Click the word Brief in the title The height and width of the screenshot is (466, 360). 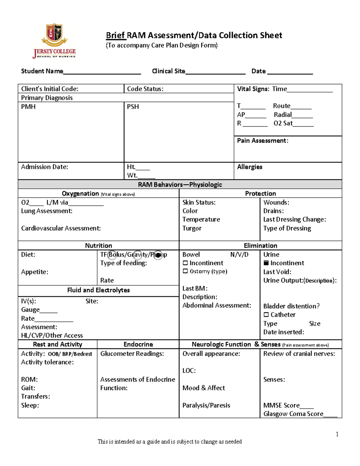[x=115, y=35]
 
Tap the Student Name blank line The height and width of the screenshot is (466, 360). [x=102, y=72]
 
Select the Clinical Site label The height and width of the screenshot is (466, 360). [x=168, y=71]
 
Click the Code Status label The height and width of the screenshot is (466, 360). [x=145, y=89]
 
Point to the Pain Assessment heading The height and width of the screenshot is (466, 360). [x=262, y=141]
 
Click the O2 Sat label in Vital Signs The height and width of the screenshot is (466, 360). [x=283, y=123]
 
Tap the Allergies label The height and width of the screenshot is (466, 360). [x=250, y=167]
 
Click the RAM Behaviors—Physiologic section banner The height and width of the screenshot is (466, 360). [x=180, y=185]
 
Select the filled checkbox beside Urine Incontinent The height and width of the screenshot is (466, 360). [x=266, y=263]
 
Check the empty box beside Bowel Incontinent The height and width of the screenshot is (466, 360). [x=185, y=263]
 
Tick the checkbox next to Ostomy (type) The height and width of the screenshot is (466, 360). [x=185, y=271]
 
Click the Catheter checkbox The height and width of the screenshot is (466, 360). [x=266, y=315]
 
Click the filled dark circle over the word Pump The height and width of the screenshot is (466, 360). [x=158, y=255]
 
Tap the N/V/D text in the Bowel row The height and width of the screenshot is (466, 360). [x=239, y=255]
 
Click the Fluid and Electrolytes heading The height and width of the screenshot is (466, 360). [x=98, y=290]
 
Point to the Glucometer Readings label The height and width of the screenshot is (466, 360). [x=132, y=354]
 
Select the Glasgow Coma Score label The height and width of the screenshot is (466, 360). [x=293, y=414]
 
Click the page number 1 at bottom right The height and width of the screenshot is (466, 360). [x=337, y=434]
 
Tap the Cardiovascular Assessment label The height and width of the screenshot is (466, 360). [x=61, y=228]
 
